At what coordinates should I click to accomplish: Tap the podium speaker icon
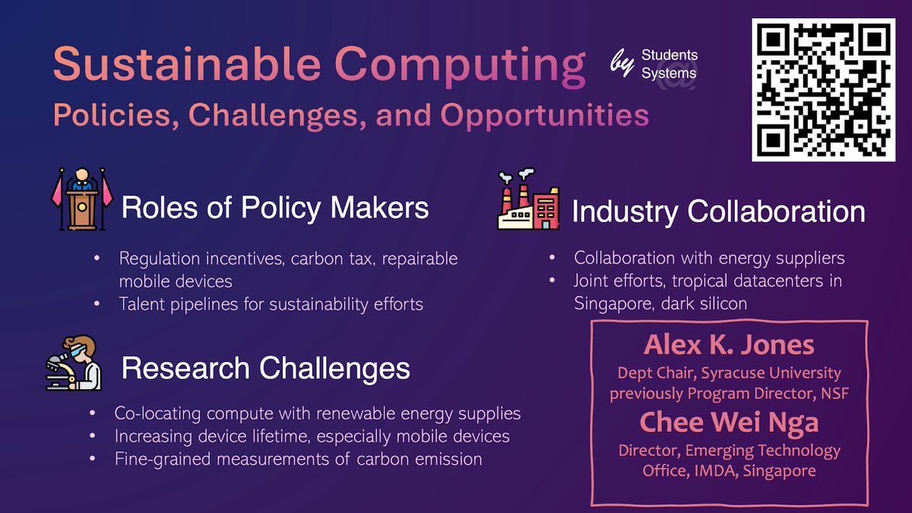point(81,199)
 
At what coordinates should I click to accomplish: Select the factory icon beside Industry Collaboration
point(527,200)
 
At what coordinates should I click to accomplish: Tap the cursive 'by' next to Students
point(622,64)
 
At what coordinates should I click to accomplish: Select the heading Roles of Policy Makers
point(275,208)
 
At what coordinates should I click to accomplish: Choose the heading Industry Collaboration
point(718,212)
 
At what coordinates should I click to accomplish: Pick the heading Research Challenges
point(265,369)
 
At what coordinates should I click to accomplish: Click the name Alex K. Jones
point(729,346)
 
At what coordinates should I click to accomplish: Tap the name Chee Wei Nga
point(729,422)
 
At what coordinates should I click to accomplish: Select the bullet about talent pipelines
point(271,304)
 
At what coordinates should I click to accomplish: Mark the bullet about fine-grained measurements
point(298,459)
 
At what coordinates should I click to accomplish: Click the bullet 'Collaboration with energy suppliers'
point(709,258)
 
